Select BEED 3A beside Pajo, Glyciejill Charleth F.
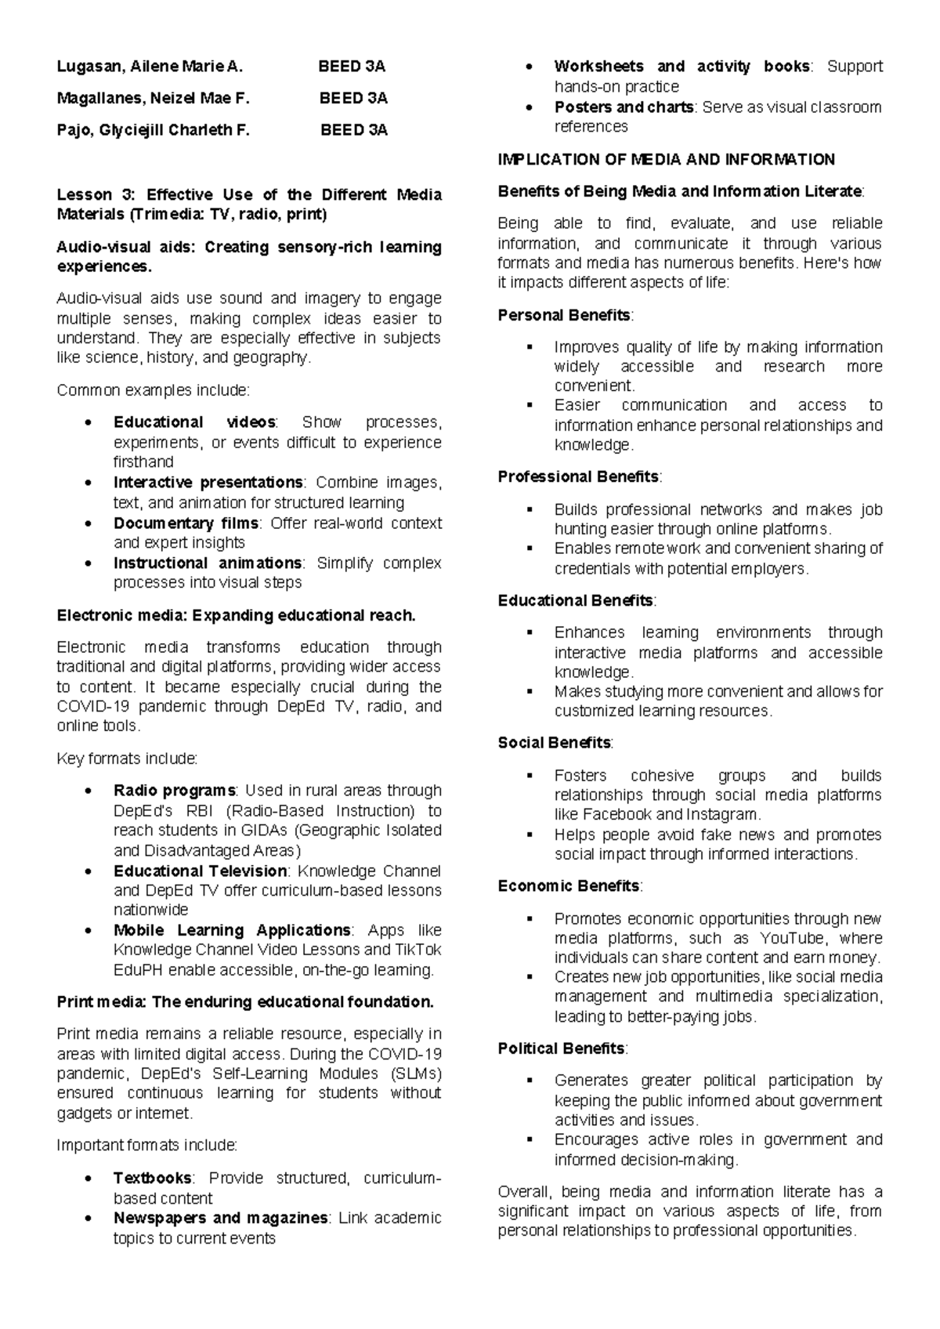353,131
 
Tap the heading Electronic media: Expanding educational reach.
236,615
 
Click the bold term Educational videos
194,422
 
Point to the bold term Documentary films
186,523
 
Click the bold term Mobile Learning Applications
232,930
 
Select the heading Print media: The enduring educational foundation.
245,1001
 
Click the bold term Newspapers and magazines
220,1218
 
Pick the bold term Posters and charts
624,107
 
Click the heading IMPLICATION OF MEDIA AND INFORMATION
666,160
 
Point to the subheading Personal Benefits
564,315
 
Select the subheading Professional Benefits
578,476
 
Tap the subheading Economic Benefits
569,885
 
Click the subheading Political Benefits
561,1048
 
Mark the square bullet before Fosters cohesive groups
531,776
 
